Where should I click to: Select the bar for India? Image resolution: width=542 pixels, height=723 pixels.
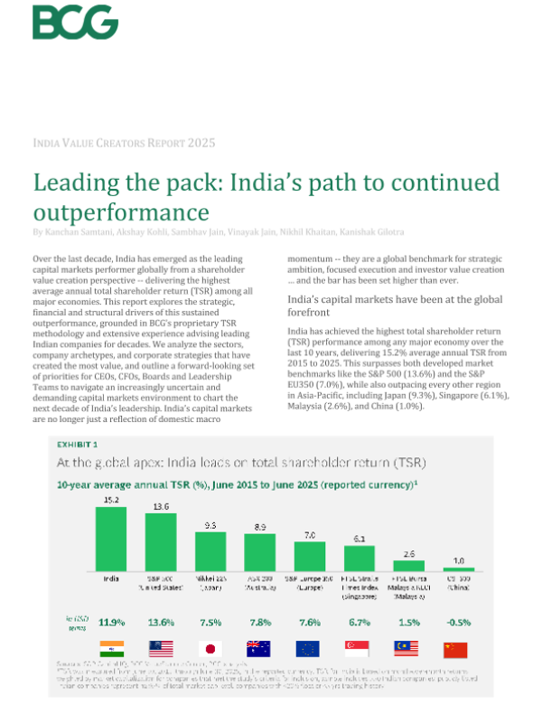pos(111,538)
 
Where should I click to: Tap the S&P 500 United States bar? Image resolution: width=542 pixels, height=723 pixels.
pos(161,543)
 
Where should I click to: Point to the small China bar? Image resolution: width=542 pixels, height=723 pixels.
pos(459,569)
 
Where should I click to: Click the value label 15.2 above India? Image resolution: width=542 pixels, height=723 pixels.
pos(111,498)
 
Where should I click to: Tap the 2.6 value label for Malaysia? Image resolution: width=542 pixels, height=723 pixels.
pos(408,553)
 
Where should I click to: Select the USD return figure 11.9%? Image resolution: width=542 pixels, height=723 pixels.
pos(111,622)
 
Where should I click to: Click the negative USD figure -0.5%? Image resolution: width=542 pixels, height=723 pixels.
pos(459,622)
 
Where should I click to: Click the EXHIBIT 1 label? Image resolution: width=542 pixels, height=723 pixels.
pos(79,445)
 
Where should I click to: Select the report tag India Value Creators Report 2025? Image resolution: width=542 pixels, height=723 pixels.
pos(124,143)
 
